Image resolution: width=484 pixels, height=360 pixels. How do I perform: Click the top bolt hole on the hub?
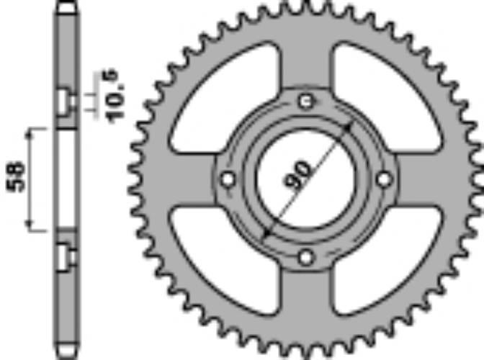[307, 101]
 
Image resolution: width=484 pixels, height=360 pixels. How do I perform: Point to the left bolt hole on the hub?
[228, 179]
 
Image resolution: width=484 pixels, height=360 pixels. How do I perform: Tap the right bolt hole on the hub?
[385, 179]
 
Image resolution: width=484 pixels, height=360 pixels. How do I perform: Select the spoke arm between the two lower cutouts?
[307, 302]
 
